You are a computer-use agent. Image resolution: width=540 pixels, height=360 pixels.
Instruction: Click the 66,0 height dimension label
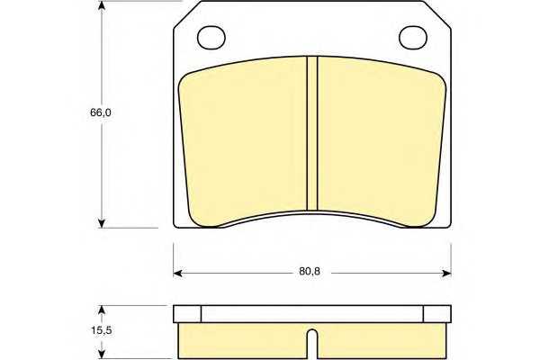click(101, 112)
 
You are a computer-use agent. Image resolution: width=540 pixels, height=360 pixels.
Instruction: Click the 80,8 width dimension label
click(310, 272)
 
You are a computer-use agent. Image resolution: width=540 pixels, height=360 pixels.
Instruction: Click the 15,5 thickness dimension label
click(101, 330)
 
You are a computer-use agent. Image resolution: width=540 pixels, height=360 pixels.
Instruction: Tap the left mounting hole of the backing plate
click(211, 38)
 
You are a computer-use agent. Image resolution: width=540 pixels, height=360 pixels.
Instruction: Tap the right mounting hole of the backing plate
click(413, 38)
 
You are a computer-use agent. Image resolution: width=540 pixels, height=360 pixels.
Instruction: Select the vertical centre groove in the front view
click(312, 133)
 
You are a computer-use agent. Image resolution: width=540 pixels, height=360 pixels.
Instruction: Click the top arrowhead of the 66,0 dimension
click(101, 5)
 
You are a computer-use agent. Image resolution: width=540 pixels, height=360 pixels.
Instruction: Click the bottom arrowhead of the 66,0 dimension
click(101, 223)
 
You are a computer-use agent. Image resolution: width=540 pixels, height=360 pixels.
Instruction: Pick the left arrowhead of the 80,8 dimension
click(177, 274)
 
